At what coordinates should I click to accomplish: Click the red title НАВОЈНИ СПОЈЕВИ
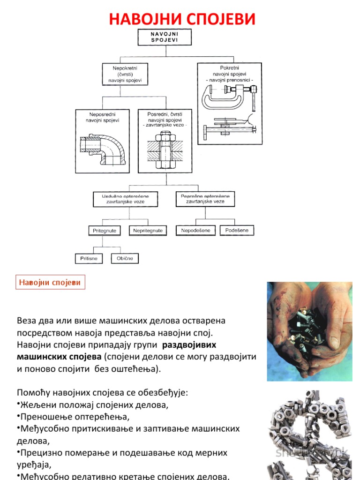(x=182, y=19)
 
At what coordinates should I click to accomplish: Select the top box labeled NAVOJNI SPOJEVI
(x=165, y=37)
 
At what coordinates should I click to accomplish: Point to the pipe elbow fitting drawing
(x=103, y=149)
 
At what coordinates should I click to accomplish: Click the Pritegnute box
(x=104, y=231)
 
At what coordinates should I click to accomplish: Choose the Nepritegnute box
(x=148, y=231)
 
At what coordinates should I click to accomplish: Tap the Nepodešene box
(x=196, y=230)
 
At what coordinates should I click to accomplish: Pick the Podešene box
(x=240, y=230)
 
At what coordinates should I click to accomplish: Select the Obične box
(x=125, y=258)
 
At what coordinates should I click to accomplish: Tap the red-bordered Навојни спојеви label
(x=49, y=282)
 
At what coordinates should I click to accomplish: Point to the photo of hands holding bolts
(x=309, y=331)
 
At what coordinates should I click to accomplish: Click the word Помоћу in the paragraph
(x=32, y=392)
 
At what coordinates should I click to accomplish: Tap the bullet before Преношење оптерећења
(x=18, y=416)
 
